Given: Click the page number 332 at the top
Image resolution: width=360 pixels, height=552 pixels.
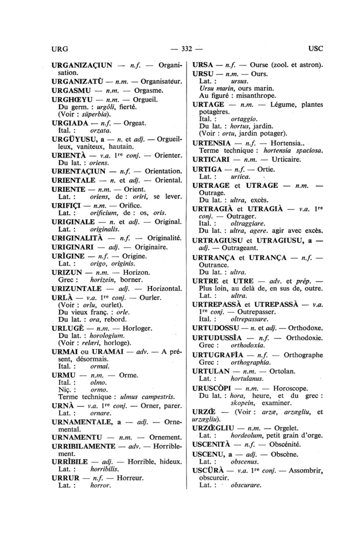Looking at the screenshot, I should pos(186,49).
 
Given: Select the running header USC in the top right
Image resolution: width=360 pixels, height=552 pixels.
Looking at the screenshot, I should pos(315,49).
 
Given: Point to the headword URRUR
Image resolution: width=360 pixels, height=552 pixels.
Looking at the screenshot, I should pos(65,478).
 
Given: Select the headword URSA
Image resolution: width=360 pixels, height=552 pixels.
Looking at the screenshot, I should pos(203,65).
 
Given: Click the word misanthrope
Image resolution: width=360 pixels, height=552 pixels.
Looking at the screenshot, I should pos(256,96).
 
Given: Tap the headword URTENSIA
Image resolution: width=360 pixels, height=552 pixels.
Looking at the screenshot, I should pos(212,143).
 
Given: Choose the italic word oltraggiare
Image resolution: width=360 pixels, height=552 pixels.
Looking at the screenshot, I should pos(248,223).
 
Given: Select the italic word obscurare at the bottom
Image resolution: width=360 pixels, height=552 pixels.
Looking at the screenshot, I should pos(246,485).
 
